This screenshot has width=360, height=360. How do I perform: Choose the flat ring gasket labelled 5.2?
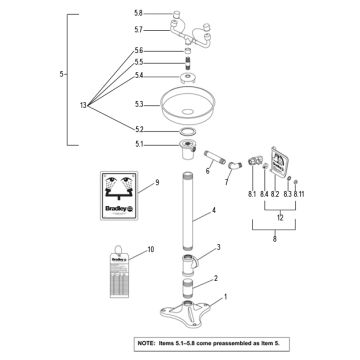click(186, 131)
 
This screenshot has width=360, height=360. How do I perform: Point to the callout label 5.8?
click(138, 13)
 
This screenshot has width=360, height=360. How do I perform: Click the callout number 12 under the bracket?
click(283, 217)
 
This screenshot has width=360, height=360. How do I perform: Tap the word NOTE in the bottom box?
click(149, 343)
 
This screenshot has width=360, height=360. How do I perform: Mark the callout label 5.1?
click(139, 145)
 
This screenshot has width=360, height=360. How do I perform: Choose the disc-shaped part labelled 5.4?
click(187, 77)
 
